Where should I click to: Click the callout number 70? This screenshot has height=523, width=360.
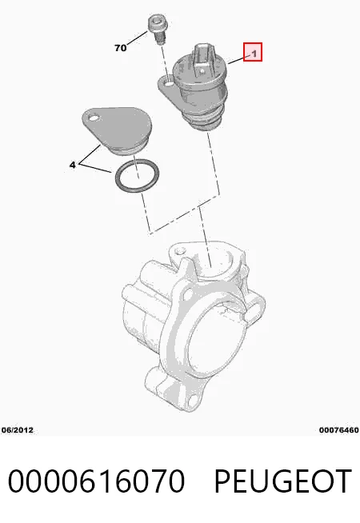coord(121,48)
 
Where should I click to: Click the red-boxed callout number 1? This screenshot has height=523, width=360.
coord(253,52)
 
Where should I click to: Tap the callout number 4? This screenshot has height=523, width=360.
coord(73,165)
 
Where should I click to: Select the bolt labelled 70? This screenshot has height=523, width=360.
coord(158,28)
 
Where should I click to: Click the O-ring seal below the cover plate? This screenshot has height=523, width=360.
coord(137,175)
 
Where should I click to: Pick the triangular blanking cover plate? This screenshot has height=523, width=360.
coord(117,130)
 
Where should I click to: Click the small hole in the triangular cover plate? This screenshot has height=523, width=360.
coord(93,118)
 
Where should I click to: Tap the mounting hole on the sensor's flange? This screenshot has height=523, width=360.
coord(169,82)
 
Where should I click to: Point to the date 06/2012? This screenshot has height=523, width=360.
coord(18,430)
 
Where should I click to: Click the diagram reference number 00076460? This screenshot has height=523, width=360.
coord(338,430)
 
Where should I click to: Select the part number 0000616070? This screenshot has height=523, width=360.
coord(96,481)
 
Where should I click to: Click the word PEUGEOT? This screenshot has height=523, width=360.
coord(282,481)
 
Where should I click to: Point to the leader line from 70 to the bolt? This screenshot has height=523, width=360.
coord(137,38)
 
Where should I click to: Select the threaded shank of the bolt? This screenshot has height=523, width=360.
coord(161,38)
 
